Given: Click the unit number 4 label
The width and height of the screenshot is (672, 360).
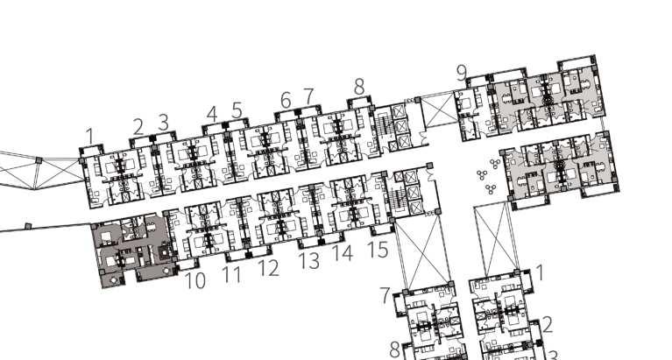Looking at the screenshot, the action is [x=212, y=113].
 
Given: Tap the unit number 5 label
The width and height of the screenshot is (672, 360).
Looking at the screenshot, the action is [x=237, y=110].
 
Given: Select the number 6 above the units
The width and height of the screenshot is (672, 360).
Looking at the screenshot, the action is [x=286, y=101].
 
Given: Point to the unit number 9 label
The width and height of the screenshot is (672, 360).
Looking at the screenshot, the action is [x=462, y=74].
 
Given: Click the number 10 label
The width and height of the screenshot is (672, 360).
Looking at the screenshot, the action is [x=195, y=281].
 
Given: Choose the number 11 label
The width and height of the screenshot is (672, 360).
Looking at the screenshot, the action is [x=231, y=275].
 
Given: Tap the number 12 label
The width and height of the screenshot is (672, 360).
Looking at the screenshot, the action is [x=268, y=268].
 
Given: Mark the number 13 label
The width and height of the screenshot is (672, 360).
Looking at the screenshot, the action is [x=308, y=260].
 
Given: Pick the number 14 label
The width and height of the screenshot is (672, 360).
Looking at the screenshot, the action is [x=343, y=253].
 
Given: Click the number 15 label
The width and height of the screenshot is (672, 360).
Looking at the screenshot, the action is [x=378, y=250].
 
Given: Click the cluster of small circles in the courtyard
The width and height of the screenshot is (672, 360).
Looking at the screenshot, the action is [x=485, y=180].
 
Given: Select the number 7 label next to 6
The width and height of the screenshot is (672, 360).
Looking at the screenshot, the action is [x=308, y=95].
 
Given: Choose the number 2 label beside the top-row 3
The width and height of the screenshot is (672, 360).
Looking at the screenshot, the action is [x=138, y=127].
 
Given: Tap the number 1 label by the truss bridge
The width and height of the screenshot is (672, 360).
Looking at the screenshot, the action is [x=89, y=136].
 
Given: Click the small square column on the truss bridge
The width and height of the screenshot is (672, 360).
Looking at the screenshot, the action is [x=38, y=159].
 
